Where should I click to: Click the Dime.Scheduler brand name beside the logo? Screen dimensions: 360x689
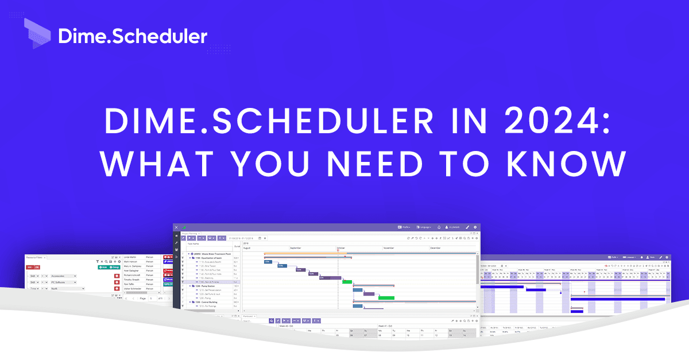(133, 36)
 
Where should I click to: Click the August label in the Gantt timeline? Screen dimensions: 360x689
(247, 248)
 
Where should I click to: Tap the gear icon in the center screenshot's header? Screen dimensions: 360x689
(475, 227)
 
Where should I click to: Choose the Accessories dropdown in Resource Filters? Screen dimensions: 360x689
(63, 276)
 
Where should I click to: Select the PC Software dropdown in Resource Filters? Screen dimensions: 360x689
(63, 282)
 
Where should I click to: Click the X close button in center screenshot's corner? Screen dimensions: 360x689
(177, 227)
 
